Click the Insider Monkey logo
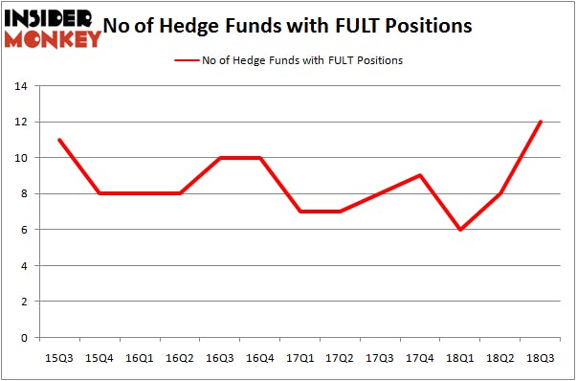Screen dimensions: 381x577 coord(52,28)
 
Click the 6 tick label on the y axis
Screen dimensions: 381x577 coord(25,230)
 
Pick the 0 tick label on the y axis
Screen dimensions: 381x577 coord(25,338)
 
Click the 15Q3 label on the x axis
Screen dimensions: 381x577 coord(59,357)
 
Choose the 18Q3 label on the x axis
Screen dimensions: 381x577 coord(541,357)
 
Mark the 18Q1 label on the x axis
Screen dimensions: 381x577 coord(461,357)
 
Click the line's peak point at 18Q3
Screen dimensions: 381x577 coord(541,122)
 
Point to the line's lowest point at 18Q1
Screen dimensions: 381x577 coord(461,230)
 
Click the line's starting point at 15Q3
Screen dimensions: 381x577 coord(59,140)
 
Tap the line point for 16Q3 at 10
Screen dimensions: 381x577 coord(220,158)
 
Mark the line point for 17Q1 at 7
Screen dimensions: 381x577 coord(300,212)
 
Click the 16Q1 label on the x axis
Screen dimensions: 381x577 coord(140,357)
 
